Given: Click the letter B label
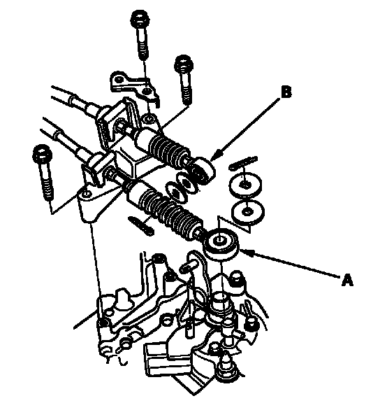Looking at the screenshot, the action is coord(286,92).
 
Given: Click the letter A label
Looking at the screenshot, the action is coord(347,280).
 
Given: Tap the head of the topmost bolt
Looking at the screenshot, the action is coord(140,19).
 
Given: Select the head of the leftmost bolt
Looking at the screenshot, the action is coord(42,153).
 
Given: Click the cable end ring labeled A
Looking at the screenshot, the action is coord(221,243).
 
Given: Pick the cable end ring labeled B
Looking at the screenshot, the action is coord(203,171).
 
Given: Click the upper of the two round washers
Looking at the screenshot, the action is coord(245,184).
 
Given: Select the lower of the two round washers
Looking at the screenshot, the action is coord(248,212).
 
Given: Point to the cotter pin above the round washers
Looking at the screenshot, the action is coord(243,163).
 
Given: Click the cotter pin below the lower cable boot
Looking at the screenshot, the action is coord(140,225).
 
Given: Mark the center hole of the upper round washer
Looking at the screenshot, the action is coord(244,184).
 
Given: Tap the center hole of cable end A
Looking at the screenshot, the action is coord(219,239).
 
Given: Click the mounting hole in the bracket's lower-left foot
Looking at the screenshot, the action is coord(85,195).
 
